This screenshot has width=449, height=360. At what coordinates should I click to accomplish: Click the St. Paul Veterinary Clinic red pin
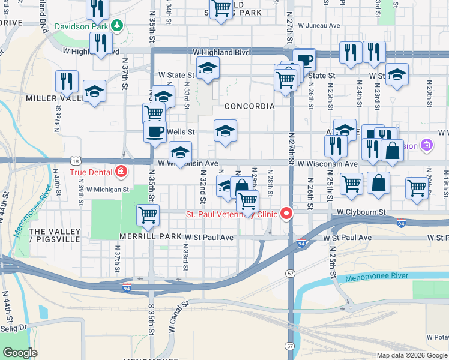pyautogui.click(x=287, y=214)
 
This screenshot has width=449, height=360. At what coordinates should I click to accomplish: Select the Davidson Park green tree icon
pyautogui.click(x=118, y=26)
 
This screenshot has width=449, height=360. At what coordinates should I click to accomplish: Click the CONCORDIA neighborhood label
pyautogui.click(x=249, y=106)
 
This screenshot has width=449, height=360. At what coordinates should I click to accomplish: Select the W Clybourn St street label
pyautogui.click(x=361, y=212)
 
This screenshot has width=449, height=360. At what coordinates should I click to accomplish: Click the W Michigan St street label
pyautogui.click(x=107, y=189)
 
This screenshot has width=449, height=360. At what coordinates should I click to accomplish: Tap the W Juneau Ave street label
pyautogui.click(x=318, y=26)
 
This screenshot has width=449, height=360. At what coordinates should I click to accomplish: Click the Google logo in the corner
pyautogui.click(x=20, y=353)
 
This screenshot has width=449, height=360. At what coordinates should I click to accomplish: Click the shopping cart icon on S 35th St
pyautogui.click(x=147, y=214)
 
